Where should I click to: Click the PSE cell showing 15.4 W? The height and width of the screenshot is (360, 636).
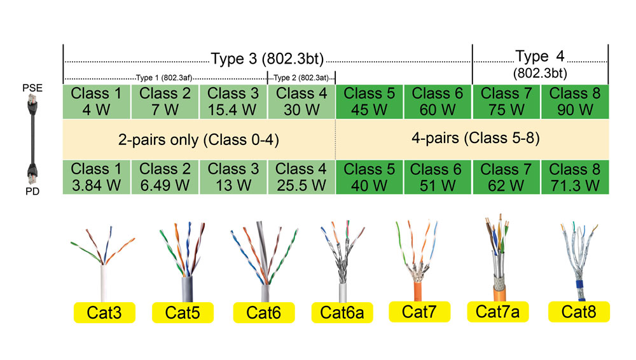pos(233,102)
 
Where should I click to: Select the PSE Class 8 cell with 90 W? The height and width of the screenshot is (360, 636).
pos(575,102)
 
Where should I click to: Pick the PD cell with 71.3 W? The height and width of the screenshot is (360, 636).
pos(575,177)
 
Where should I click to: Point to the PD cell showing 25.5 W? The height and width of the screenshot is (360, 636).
pos(301,177)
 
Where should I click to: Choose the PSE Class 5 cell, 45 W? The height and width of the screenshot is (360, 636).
pos(370,102)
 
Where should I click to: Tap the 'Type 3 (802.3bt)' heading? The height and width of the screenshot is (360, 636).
pos(267,59)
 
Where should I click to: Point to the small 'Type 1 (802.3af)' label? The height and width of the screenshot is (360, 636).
pos(165,78)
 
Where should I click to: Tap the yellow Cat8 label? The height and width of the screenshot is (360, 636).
pos(579,312)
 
